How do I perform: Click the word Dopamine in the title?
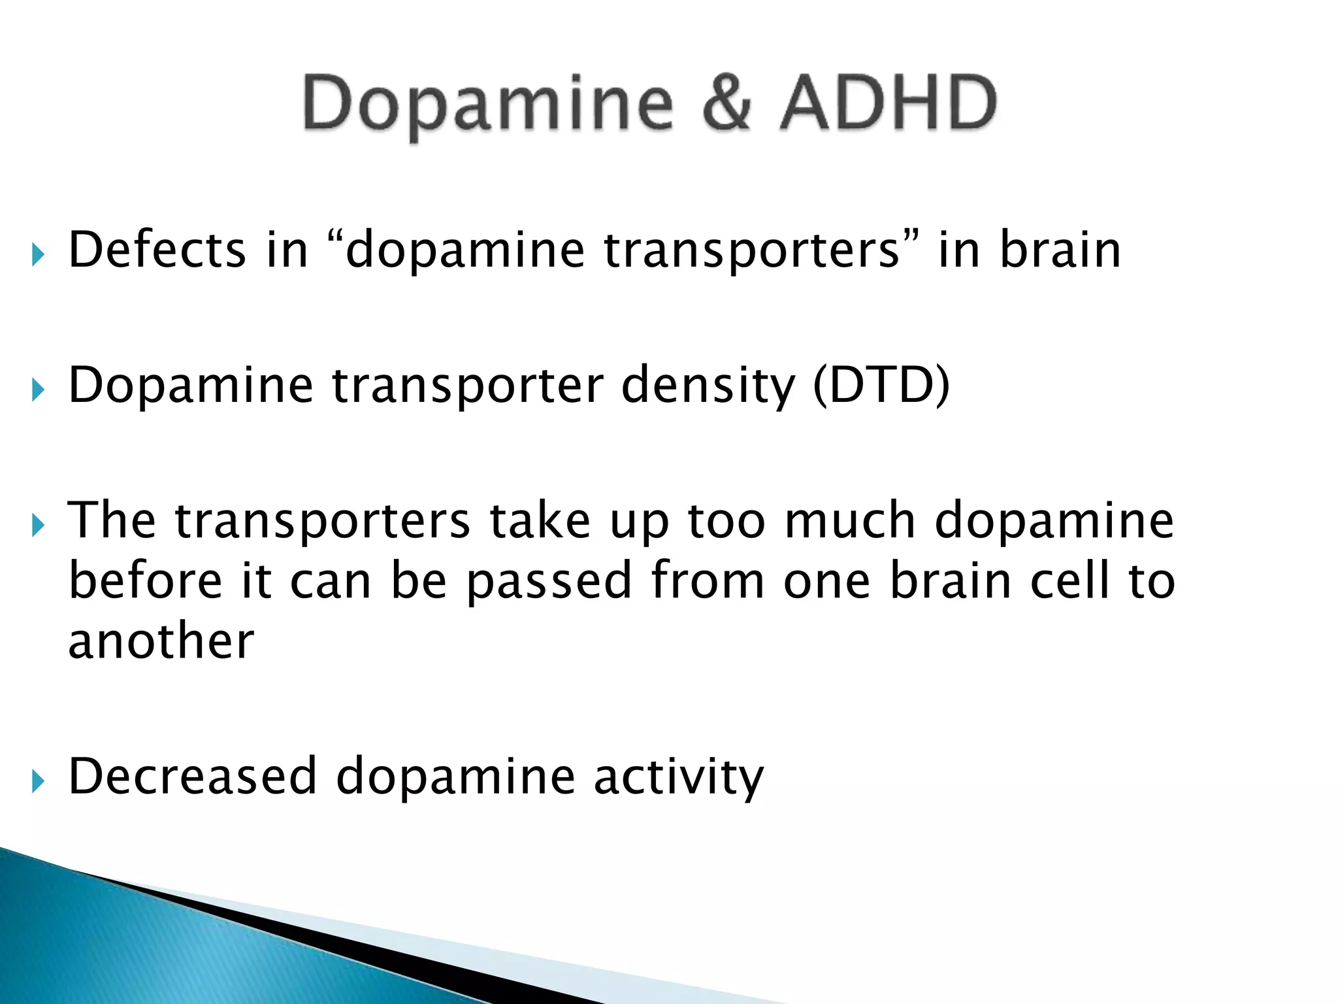click(x=487, y=105)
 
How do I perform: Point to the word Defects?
click(x=157, y=250)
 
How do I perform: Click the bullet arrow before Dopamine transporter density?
click(x=38, y=390)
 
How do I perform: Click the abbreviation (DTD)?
click(x=881, y=386)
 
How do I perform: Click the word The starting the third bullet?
click(x=112, y=520)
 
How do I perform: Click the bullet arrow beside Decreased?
click(x=38, y=781)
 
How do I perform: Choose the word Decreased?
click(x=193, y=776)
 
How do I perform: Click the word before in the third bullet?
click(x=145, y=580)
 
